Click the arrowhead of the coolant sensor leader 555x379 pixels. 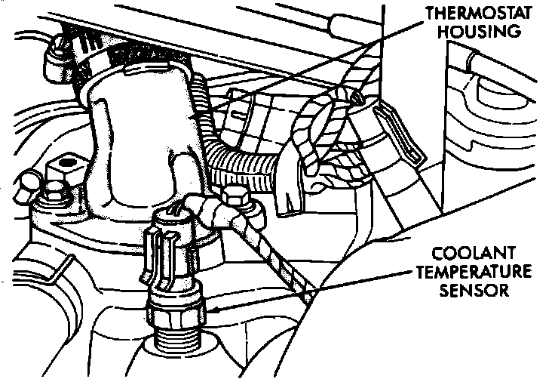point(213,310)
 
